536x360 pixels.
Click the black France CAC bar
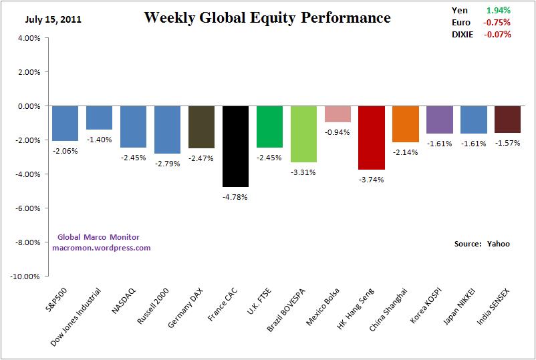click(235, 146)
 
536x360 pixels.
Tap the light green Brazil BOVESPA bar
click(303, 134)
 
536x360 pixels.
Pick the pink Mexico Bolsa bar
click(338, 114)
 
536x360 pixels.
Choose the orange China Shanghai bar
click(406, 124)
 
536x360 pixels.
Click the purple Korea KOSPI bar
click(440, 119)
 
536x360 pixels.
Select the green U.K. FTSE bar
click(269, 126)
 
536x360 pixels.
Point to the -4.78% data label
click(235, 196)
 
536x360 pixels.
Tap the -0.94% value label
click(338, 132)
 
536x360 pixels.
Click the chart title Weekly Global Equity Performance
click(267, 18)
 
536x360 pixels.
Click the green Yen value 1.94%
click(499, 10)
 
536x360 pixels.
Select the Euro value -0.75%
click(498, 22)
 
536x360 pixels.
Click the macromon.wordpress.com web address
click(102, 248)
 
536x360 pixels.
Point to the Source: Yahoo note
click(482, 244)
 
